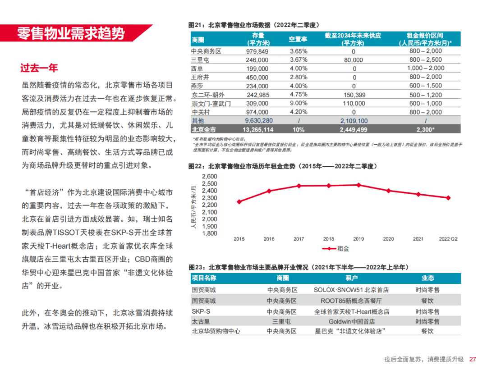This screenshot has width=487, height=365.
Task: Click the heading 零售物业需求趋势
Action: [71, 34]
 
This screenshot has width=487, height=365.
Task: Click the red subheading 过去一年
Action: [39, 68]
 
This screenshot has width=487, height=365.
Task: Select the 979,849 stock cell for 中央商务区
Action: [256, 51]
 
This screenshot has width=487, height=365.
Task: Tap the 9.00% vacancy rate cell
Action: [298, 103]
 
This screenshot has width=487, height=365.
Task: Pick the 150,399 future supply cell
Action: [354, 95]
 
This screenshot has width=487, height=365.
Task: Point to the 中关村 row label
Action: [201, 112]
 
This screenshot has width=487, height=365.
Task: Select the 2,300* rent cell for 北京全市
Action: [426, 129]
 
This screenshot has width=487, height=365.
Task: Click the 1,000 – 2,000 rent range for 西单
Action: [426, 68]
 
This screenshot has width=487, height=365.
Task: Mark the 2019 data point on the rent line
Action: [358, 185]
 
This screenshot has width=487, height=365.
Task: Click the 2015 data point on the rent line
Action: [239, 201]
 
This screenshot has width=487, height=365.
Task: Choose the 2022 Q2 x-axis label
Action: [448, 239]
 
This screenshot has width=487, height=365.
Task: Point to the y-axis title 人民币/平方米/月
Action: [194, 208]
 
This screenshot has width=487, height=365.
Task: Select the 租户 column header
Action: [351, 278]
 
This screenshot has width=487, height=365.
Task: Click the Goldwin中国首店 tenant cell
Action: [351, 322]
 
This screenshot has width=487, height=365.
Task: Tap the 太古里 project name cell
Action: [201, 322]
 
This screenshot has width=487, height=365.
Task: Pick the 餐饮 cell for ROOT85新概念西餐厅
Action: [427, 301]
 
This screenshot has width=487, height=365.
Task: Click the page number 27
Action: [473, 359]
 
